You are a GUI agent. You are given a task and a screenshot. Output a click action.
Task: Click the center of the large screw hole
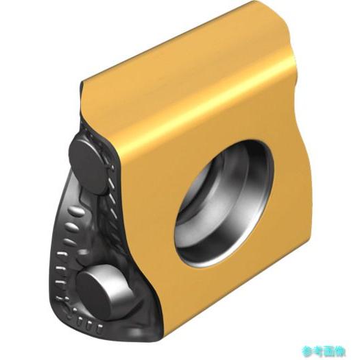tap(224, 204)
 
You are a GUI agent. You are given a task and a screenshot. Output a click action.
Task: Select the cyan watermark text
tap(324, 351)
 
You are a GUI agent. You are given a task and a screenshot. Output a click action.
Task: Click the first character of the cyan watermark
tap(308, 351)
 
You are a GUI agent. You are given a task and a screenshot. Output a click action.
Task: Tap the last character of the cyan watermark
tap(340, 351)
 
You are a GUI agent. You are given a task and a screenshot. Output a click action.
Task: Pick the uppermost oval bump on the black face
tap(77, 211)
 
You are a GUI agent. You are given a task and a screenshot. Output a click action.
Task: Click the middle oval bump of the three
tap(72, 226)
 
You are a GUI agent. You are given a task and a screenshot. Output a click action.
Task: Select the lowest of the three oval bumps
tap(69, 241)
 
